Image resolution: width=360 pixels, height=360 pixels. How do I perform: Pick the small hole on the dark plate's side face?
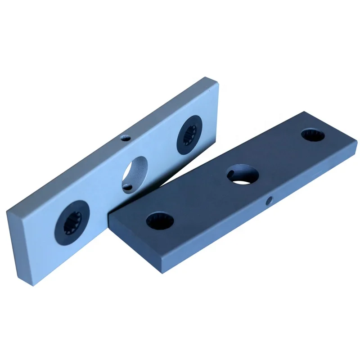pos(269,201)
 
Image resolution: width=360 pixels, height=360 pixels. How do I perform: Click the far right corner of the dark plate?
pos(357,143)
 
